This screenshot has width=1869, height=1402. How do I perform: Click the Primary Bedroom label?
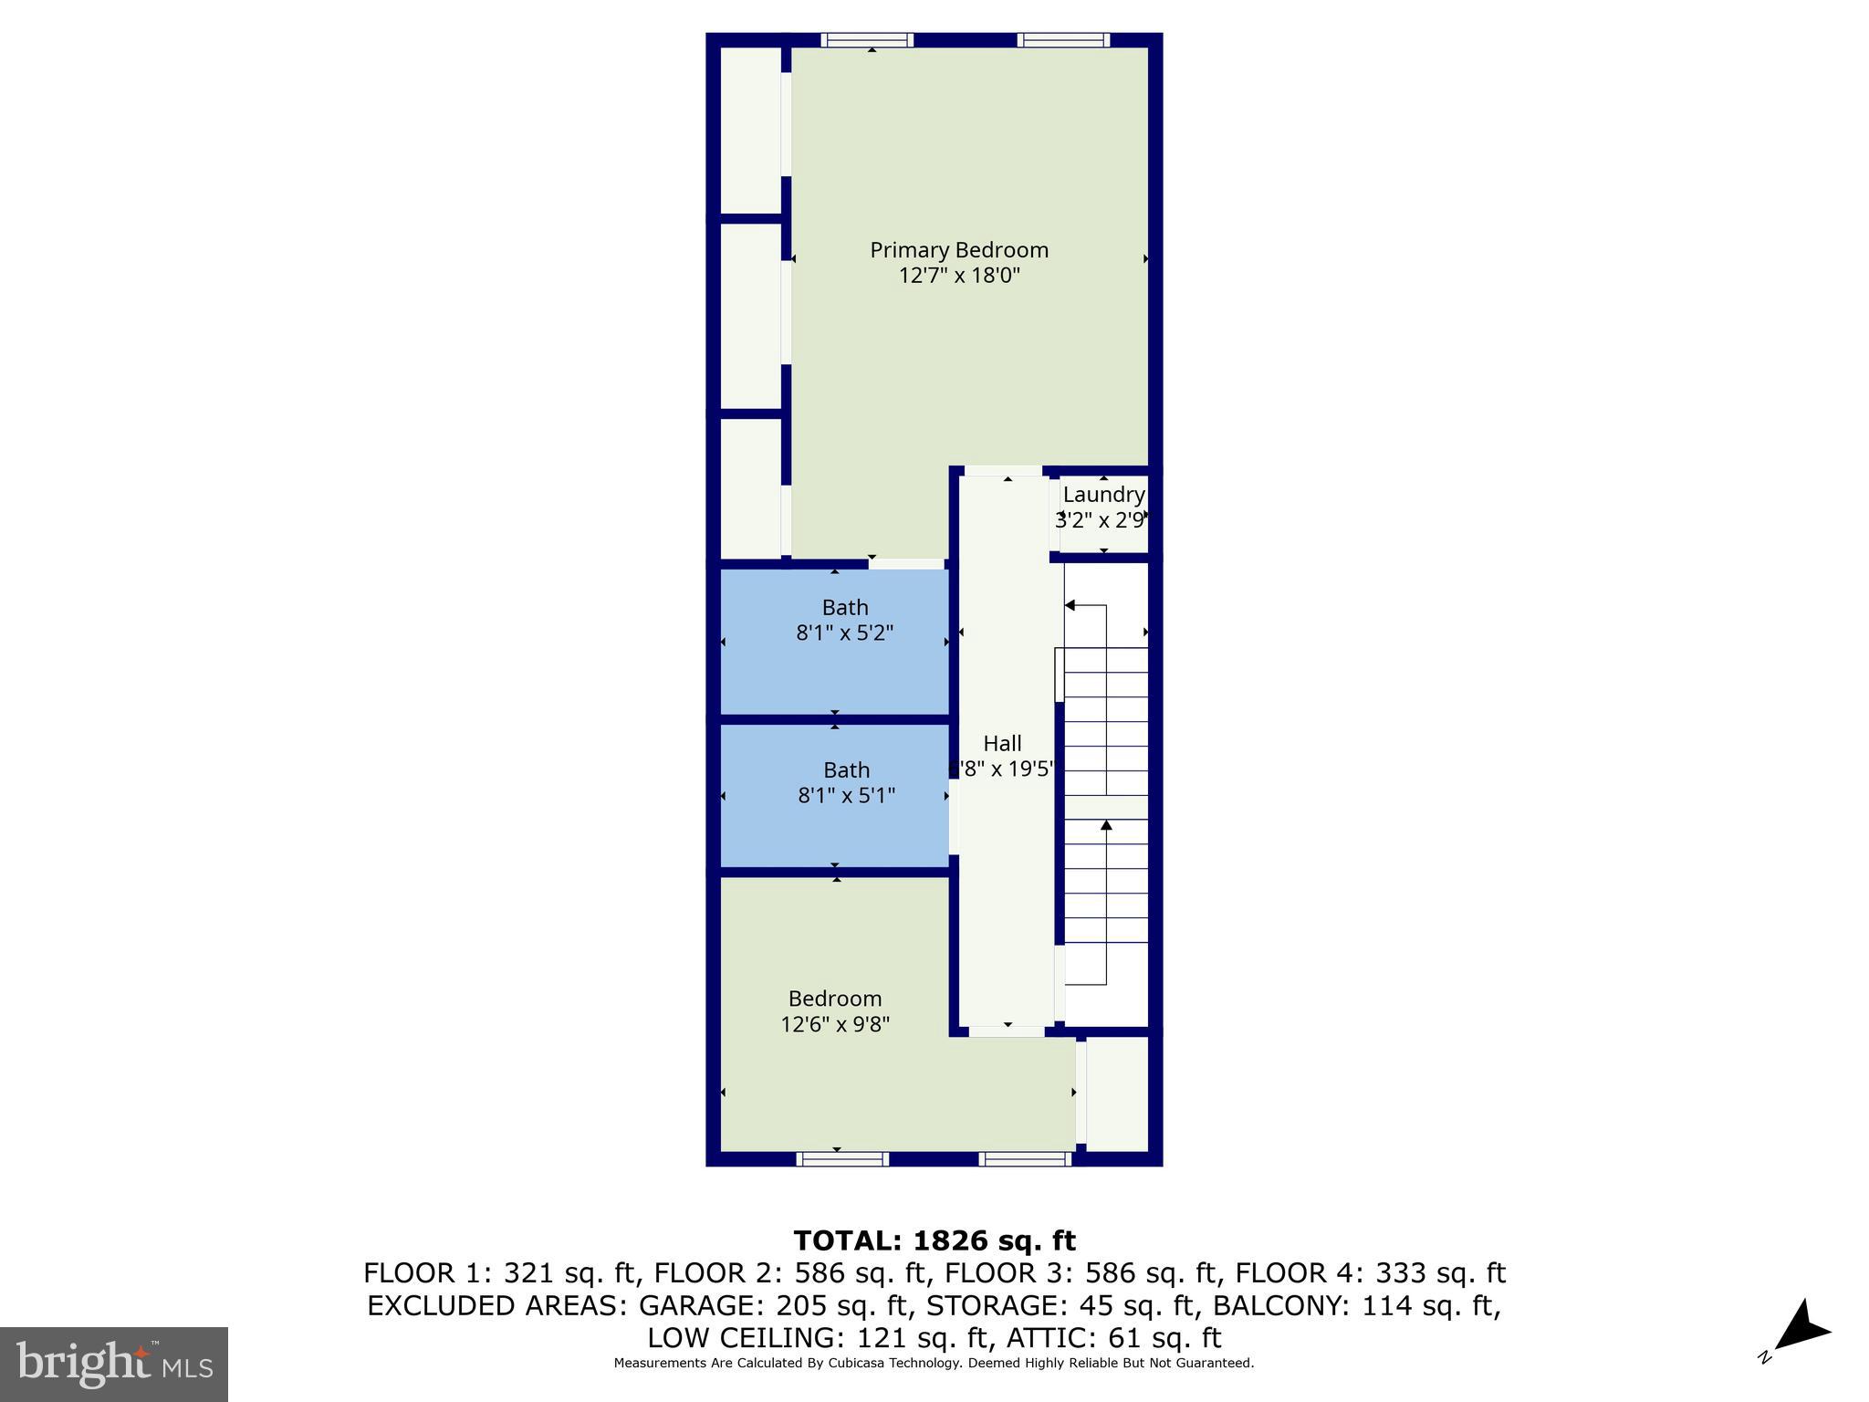(958, 250)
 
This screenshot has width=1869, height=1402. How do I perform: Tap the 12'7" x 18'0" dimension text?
(958, 276)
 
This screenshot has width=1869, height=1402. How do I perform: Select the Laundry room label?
(1103, 495)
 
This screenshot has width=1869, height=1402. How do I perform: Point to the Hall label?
(1002, 744)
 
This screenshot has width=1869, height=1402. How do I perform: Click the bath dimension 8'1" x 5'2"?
(844, 633)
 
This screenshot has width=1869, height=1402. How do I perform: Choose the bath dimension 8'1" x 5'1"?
(846, 796)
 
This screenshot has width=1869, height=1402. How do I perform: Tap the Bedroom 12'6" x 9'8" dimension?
(835, 1025)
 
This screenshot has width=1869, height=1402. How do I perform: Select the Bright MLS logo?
(114, 1364)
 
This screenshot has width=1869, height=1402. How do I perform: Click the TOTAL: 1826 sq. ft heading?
(934, 1241)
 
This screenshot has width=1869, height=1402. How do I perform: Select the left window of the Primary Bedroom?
(867, 40)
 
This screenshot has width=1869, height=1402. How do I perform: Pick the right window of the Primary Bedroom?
(1063, 40)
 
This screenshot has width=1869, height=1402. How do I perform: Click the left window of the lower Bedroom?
(841, 1159)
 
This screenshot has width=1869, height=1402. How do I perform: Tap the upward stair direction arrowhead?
(1106, 825)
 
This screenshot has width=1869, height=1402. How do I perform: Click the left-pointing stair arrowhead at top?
(1070, 605)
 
